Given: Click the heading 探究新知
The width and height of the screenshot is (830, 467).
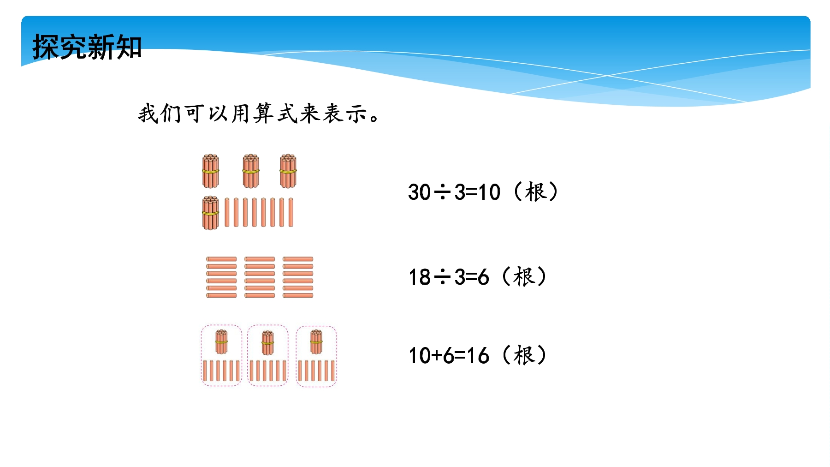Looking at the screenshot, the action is click(87, 47).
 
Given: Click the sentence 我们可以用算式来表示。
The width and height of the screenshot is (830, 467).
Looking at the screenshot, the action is click(259, 114).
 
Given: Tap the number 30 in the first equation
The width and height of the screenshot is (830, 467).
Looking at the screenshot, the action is click(419, 192).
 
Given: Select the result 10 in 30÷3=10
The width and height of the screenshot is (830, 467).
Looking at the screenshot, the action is click(489, 192).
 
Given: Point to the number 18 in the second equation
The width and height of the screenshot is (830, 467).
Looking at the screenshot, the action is click(420, 277).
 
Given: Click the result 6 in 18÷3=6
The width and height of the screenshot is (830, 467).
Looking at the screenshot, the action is click(483, 277).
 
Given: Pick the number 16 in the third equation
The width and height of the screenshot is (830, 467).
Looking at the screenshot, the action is click(478, 356).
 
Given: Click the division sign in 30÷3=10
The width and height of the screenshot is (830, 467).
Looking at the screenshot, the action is click(443, 192).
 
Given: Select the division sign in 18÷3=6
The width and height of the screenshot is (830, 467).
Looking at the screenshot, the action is click(443, 277).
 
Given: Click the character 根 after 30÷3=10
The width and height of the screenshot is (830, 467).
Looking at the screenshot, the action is click(535, 192).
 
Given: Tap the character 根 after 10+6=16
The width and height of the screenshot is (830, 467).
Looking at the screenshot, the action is click(524, 355).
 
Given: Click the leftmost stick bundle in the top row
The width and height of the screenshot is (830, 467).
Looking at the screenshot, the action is click(210, 171).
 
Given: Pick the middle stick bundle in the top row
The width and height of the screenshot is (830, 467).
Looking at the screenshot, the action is click(251, 171).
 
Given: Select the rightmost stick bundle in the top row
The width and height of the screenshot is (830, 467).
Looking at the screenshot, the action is click(288, 171).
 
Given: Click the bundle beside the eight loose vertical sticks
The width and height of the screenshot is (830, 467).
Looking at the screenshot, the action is click(210, 213).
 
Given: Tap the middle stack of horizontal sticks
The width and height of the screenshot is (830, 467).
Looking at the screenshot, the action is click(260, 277).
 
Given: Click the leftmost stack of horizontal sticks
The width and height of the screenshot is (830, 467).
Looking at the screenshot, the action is click(221, 277).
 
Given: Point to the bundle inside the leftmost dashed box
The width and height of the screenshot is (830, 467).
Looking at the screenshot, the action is click(221, 342).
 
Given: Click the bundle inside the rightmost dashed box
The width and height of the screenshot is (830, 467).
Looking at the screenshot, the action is click(316, 342).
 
